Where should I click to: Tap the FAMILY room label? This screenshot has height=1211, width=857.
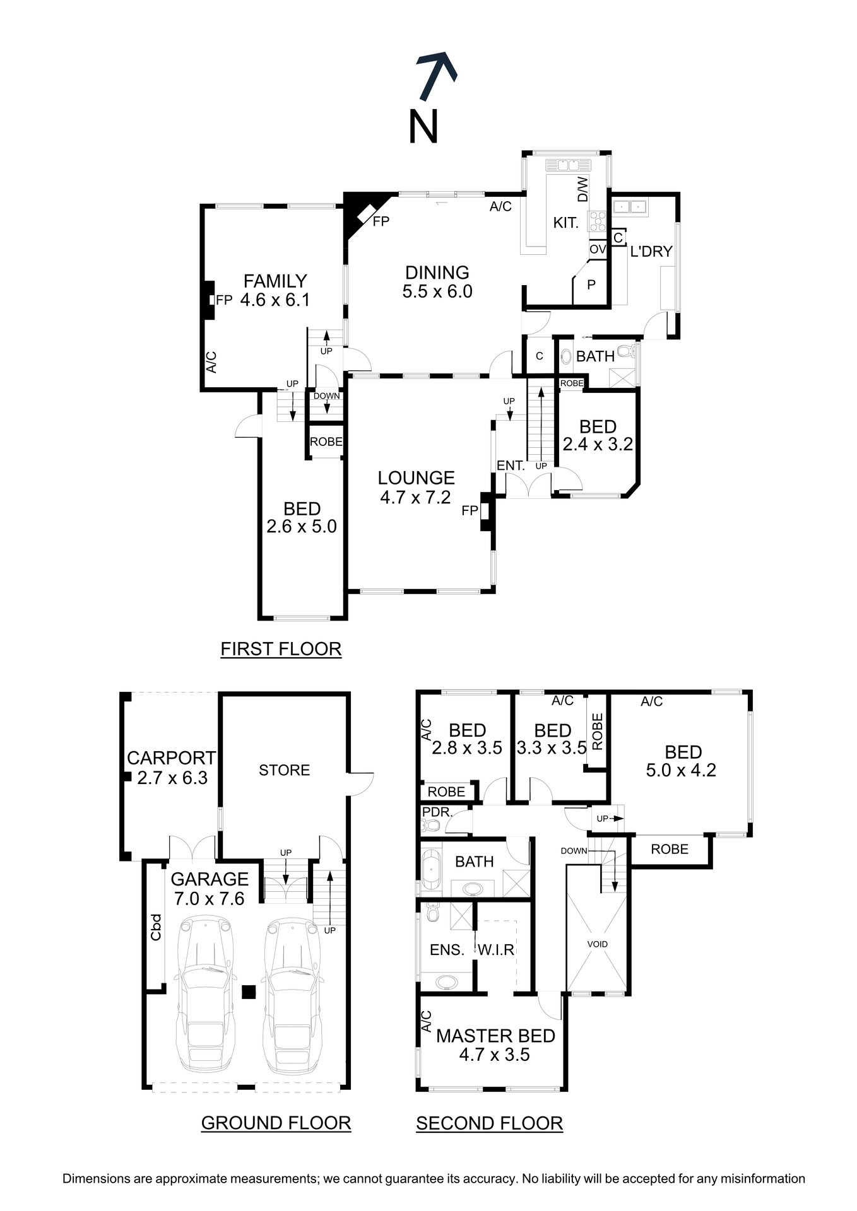[x=275, y=281]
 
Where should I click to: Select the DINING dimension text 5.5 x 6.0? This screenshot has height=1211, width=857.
[x=437, y=291]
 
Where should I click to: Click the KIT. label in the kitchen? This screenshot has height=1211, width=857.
[x=565, y=223]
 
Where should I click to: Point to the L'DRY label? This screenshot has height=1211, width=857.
[x=651, y=251]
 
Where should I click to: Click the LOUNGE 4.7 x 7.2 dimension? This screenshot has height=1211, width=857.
[x=415, y=498]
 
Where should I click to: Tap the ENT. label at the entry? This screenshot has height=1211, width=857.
[x=511, y=466]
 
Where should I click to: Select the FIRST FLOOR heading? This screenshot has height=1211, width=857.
[x=281, y=648]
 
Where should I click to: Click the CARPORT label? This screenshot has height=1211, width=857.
[x=172, y=758]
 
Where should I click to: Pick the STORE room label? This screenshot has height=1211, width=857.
[x=285, y=770]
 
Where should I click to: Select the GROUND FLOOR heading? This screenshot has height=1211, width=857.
[x=276, y=1123]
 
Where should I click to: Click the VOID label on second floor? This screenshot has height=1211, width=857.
[x=597, y=944]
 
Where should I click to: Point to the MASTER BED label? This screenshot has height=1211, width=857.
[x=495, y=1036]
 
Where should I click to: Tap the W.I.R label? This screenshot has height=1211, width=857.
[x=496, y=950]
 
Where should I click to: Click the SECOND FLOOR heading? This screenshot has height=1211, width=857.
[x=489, y=1123]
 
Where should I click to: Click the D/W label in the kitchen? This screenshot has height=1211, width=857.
[x=582, y=189]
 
